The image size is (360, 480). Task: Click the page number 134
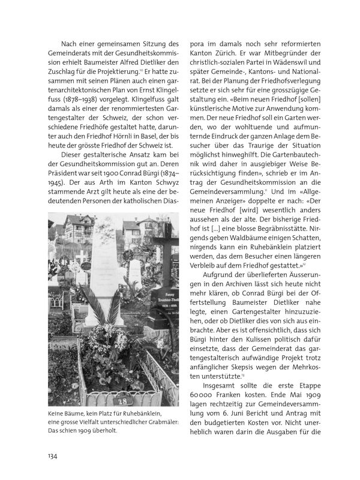coord(52,456)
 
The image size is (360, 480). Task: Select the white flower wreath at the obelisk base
coord(109,338)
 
